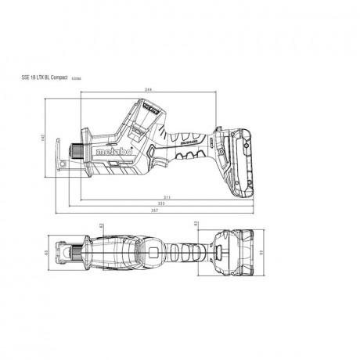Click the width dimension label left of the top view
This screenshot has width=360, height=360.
tap(49, 252)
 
